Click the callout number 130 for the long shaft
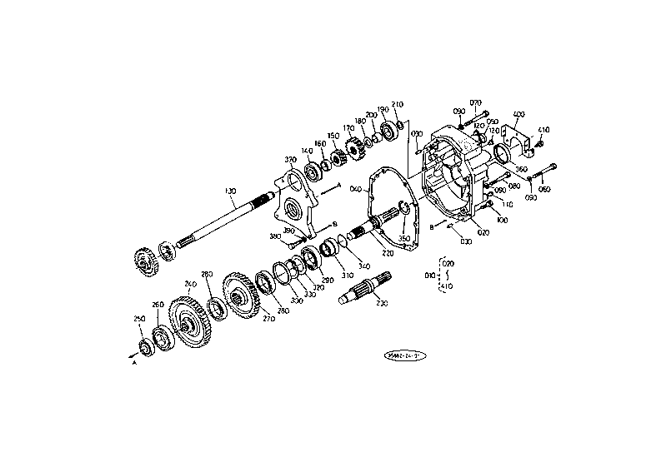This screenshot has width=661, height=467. [x=231, y=191]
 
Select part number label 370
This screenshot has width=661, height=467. [x=291, y=160]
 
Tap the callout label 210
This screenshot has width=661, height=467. [x=398, y=105]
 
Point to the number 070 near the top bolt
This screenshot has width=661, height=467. [x=476, y=102]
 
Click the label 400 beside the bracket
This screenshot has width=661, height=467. [x=518, y=114]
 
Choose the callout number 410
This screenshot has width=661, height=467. [x=544, y=130]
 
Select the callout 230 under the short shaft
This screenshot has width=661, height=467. [x=383, y=304]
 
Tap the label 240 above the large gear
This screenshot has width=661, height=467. [x=191, y=285]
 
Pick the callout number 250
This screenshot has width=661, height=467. [x=140, y=318]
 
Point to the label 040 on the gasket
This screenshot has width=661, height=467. [x=356, y=189]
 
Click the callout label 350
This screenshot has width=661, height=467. [x=406, y=238]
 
